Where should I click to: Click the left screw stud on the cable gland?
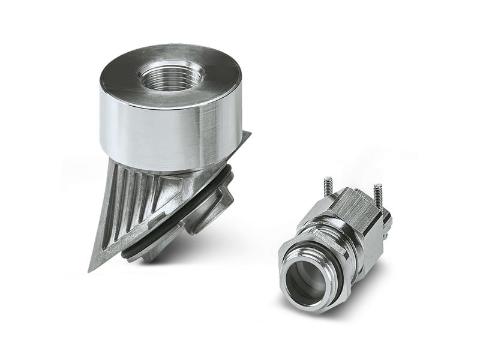(328, 185)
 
